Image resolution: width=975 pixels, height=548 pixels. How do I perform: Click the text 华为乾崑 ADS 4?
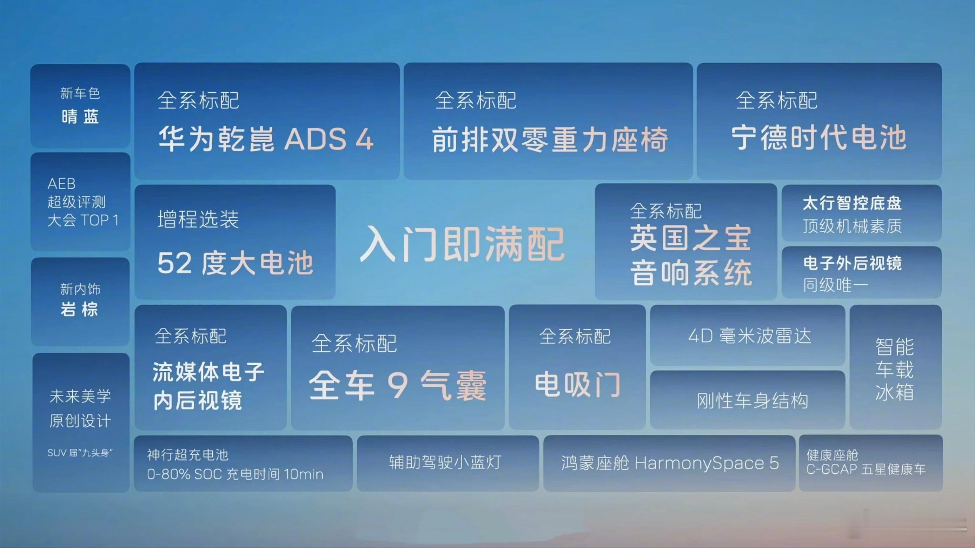(x=266, y=138)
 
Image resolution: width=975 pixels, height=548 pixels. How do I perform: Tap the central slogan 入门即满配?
(x=462, y=244)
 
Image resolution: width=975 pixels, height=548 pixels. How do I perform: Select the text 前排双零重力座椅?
(x=550, y=139)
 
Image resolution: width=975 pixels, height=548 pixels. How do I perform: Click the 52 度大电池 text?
(x=236, y=263)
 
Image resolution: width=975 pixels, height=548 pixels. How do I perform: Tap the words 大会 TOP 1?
(x=83, y=220)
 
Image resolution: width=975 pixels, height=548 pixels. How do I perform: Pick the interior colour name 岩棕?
(x=79, y=309)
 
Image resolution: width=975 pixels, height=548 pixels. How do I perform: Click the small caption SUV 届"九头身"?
(x=80, y=453)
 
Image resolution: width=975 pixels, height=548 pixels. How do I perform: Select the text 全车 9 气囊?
(x=397, y=385)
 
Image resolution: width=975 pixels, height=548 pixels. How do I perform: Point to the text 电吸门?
(x=578, y=384)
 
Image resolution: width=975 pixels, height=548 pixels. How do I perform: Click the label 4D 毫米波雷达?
(x=750, y=336)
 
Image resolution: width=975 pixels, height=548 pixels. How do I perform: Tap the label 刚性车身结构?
(x=752, y=400)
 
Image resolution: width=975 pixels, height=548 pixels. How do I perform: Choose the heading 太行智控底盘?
(x=853, y=203)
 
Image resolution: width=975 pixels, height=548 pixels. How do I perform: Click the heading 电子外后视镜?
(x=853, y=263)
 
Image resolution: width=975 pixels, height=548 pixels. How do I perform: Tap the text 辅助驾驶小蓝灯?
(x=445, y=462)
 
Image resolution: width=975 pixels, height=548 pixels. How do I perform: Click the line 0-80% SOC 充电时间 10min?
(x=235, y=474)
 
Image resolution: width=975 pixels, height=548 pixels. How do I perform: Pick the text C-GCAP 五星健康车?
(x=866, y=469)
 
